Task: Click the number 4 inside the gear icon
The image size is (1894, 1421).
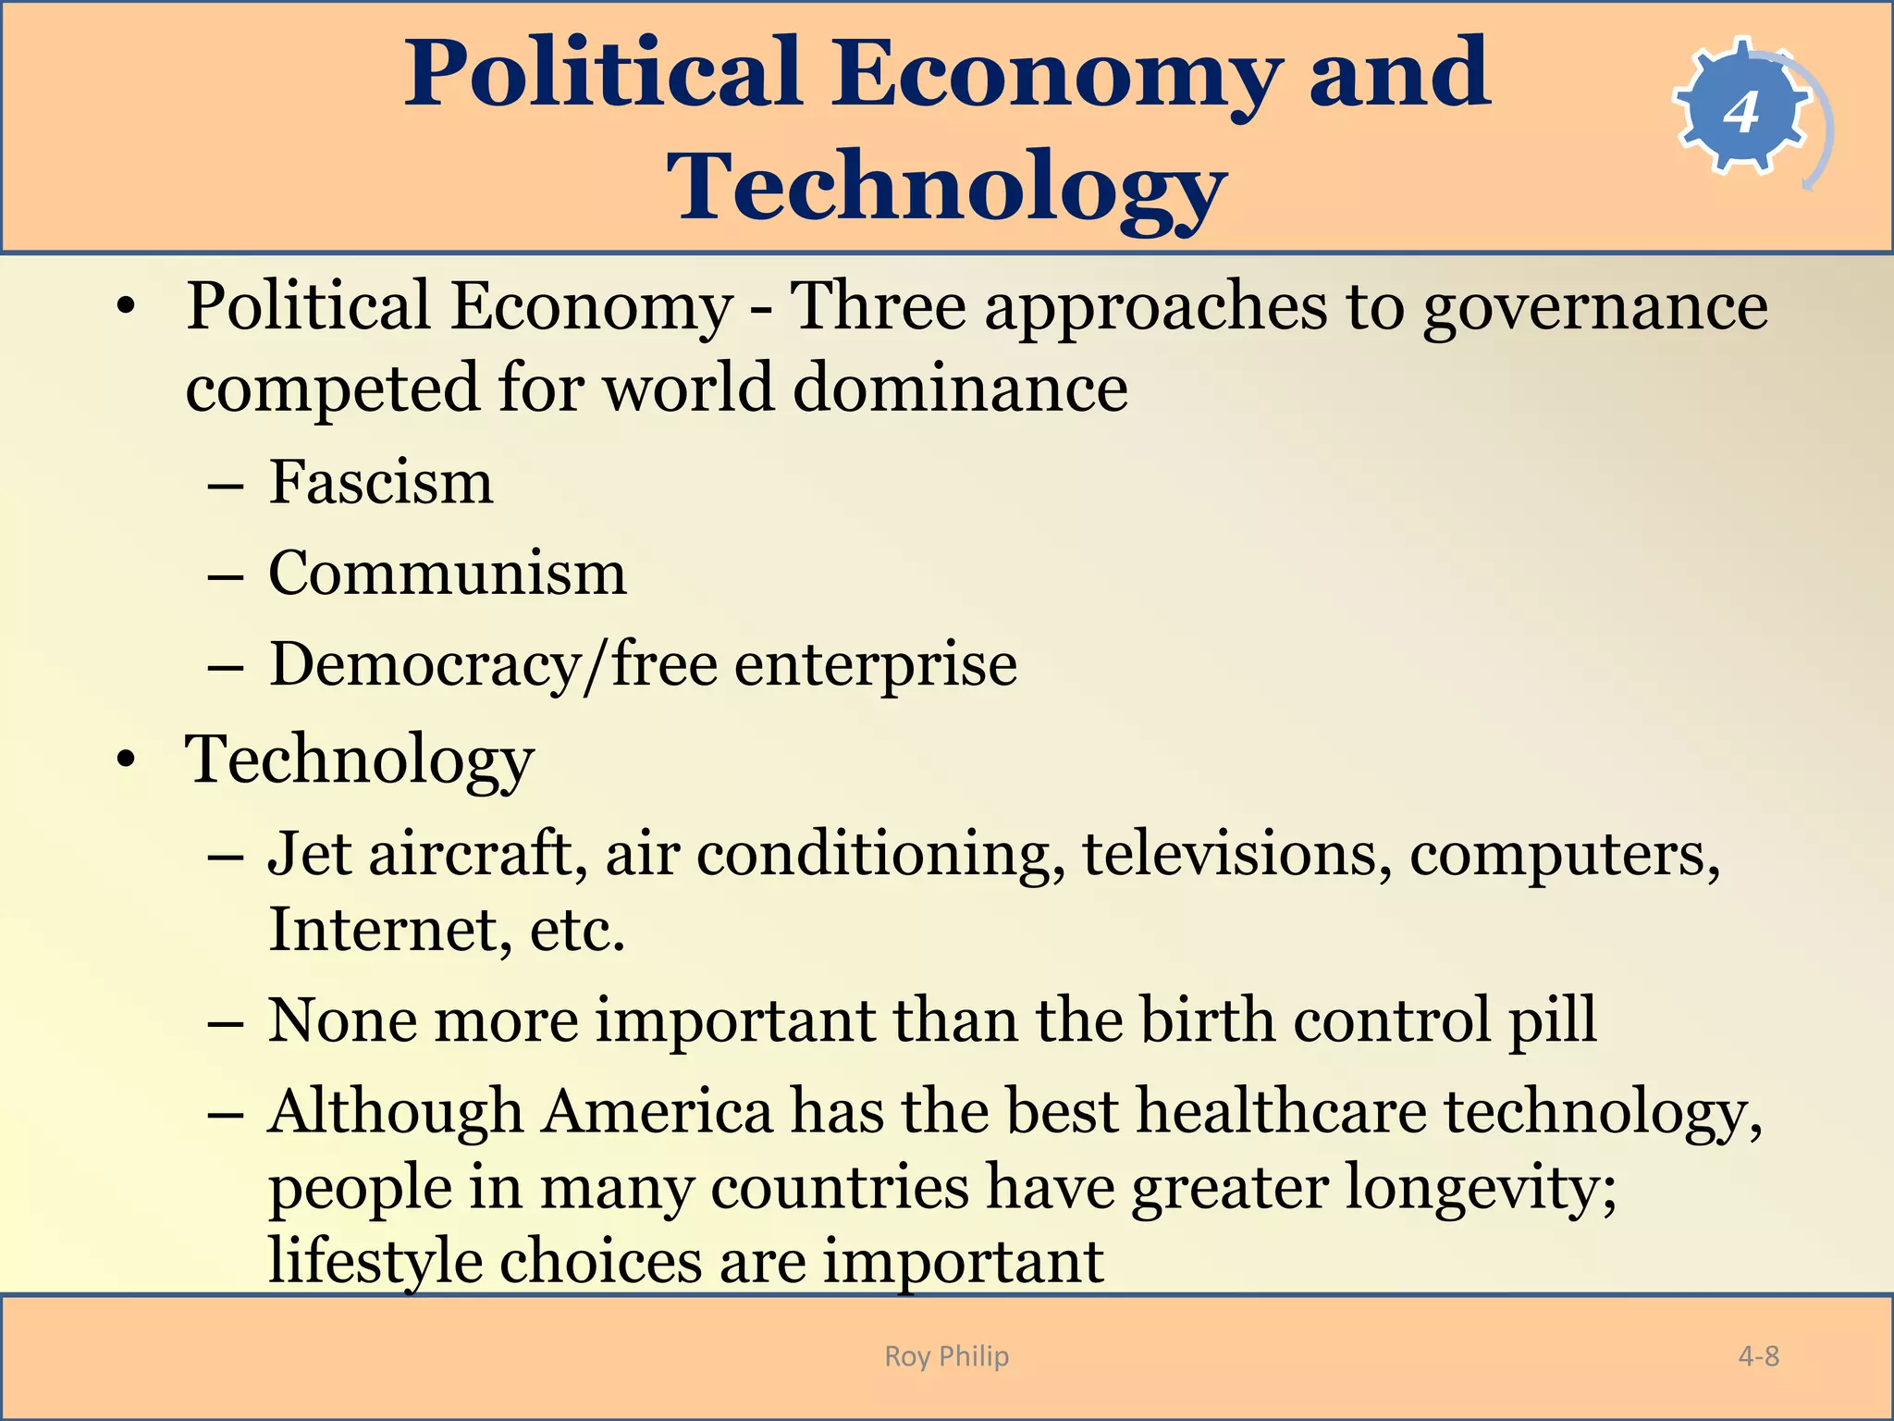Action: point(1740,113)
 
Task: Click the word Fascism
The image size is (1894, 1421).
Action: point(381,482)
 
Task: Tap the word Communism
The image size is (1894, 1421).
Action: point(448,573)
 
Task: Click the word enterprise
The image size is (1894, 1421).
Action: point(876,666)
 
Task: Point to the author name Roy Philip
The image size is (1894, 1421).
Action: point(946,1356)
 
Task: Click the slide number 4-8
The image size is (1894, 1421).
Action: point(1758,1356)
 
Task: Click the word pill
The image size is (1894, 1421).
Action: point(1553,1020)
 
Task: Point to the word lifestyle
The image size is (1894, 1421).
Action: point(375,1261)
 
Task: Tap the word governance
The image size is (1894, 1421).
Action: point(1594,307)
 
